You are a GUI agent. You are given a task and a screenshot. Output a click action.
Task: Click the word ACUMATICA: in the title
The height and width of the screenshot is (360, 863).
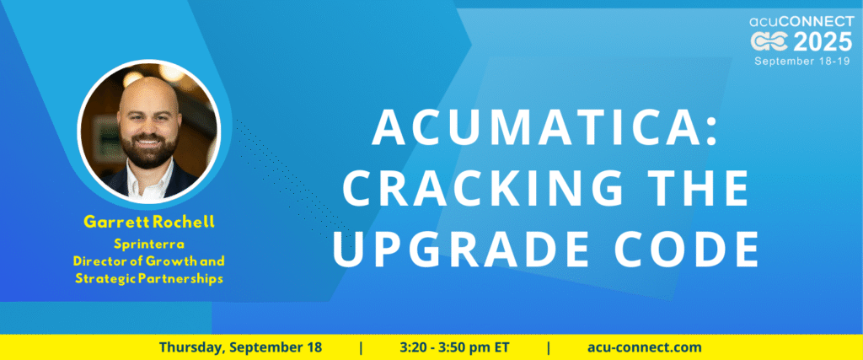coord(545,127)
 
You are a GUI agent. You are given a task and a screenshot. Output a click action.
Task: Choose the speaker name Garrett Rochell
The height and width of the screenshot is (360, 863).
coord(148,223)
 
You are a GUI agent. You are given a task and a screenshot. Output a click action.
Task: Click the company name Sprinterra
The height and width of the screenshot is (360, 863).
coord(148,244)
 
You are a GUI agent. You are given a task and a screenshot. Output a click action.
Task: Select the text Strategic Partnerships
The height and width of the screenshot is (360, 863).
coord(148,278)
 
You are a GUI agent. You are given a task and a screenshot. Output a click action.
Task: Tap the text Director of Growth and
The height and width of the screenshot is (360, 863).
coord(148,261)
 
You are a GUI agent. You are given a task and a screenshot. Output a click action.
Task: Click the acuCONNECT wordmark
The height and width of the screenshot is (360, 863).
coord(801,21)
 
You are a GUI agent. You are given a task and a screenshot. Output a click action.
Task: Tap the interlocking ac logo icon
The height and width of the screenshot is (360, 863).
coord(770,42)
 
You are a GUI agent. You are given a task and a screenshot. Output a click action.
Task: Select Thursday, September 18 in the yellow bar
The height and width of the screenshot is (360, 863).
coord(240,347)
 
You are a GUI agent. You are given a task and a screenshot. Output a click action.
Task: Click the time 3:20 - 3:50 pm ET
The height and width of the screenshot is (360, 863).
coord(454,347)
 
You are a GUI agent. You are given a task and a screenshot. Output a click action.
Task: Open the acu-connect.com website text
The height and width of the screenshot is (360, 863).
coord(645,347)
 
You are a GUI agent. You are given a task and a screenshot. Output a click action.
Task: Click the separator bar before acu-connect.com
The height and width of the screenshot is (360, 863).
coord(549,347)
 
